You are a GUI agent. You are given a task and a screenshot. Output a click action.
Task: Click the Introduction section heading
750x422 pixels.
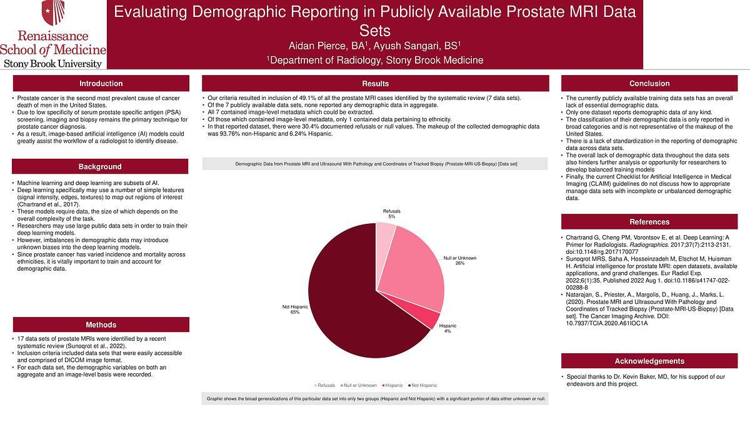coord(101,84)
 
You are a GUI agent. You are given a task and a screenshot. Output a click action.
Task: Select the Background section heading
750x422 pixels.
coord(100,167)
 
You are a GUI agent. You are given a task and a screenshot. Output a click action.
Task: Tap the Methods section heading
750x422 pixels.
coord(101,325)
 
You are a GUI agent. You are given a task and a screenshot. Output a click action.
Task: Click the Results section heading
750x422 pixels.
coord(375,84)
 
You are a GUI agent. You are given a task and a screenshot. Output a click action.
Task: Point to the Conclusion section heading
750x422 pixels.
coord(649,84)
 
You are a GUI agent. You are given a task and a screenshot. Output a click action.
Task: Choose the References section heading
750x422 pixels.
coord(649,222)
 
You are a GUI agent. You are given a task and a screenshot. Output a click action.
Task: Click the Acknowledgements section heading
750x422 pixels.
coord(649,361)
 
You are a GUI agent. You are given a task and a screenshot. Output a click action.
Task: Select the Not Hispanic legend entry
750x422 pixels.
coord(422,385)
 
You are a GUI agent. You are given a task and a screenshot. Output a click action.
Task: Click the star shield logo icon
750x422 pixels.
coord(53,13)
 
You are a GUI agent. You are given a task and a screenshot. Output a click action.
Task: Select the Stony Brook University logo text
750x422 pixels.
coord(53,64)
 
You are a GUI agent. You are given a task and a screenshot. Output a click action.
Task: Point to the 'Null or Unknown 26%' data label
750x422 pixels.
coord(459,260)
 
